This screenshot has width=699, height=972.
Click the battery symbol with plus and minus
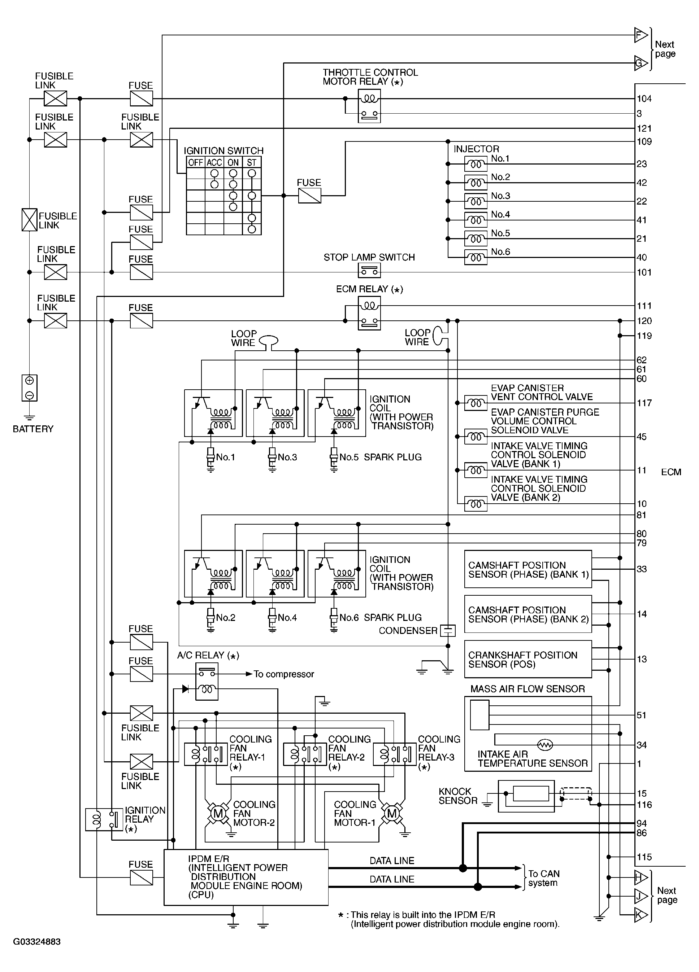click(30, 388)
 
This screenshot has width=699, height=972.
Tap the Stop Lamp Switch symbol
click(369, 271)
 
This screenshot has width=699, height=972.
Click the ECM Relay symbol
click(369, 314)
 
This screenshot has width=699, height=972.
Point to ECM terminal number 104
click(644, 99)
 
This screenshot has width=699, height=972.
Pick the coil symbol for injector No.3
click(476, 201)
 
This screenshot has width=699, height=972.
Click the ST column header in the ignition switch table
click(252, 162)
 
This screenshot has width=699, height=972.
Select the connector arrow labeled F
click(641, 35)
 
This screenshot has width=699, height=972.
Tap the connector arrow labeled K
click(641, 915)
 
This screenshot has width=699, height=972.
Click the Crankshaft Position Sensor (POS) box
click(527, 660)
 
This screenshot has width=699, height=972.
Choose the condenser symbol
click(448, 630)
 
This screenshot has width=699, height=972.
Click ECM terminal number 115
click(644, 857)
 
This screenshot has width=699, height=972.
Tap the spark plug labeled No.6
click(334, 618)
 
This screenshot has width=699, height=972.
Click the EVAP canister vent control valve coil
click(476, 403)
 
